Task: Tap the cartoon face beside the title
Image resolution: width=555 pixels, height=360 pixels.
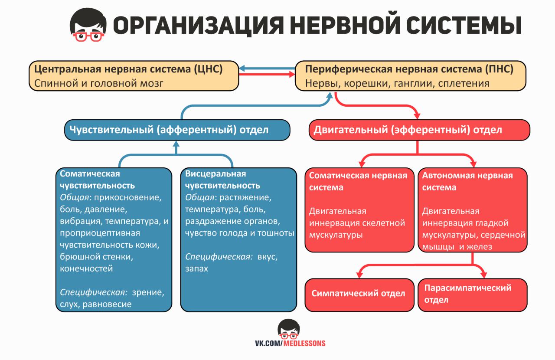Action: [x=88, y=25]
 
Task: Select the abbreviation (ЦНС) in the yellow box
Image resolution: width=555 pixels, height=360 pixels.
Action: [x=209, y=69]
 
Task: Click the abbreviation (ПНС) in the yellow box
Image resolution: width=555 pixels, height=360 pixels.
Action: [x=499, y=69]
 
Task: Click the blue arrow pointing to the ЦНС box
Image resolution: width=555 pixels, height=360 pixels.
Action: [x=267, y=68]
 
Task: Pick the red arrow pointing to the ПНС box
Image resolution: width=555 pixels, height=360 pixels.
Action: [x=267, y=74]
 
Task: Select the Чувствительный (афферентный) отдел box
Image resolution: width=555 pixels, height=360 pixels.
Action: [x=177, y=130]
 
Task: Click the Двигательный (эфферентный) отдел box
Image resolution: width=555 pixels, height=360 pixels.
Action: [x=419, y=130]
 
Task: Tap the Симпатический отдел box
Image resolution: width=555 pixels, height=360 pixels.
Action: [x=359, y=295]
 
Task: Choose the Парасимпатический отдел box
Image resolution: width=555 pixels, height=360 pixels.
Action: [x=473, y=295]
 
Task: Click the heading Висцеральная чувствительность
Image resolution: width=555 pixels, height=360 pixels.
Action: [x=222, y=180]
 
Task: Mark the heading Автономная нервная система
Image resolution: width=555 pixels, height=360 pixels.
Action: [x=467, y=181]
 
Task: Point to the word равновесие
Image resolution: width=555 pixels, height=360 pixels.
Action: [x=107, y=304]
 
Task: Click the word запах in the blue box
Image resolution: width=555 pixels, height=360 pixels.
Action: [x=196, y=269]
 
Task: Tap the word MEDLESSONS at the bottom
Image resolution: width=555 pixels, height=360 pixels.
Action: [x=304, y=344]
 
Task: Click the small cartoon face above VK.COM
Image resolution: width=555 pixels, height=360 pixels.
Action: [x=289, y=329]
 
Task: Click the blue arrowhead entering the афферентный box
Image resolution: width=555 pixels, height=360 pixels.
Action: [x=176, y=144]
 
